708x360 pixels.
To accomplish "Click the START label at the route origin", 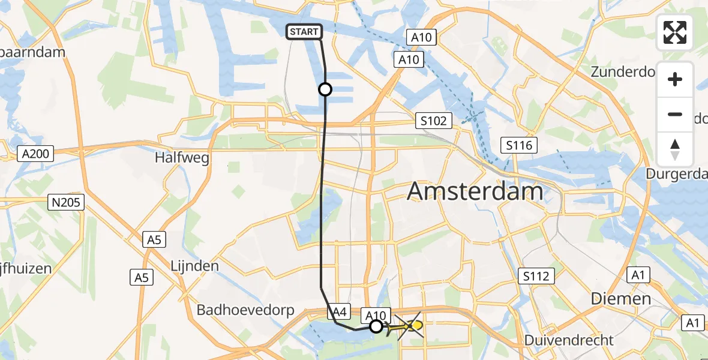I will (x=305, y=32).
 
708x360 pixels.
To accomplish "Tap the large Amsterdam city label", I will (x=475, y=192).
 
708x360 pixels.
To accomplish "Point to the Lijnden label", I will (x=194, y=265).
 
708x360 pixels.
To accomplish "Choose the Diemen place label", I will (x=620, y=298).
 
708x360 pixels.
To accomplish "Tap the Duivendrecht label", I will (x=569, y=340).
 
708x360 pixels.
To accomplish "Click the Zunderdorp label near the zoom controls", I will (x=622, y=72).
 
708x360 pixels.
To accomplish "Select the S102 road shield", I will (x=433, y=121).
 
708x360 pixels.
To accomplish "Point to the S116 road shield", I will (x=518, y=145).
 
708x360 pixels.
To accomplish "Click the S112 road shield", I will (x=536, y=276).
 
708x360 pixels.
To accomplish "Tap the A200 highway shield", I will (x=35, y=154).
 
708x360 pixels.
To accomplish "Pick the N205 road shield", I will (x=67, y=202).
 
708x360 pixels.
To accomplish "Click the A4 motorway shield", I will (x=339, y=311).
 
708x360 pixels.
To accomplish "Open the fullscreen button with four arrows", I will (x=675, y=33).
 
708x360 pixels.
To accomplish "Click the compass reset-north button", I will (x=675, y=149).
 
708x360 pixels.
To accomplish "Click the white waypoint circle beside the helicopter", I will (x=376, y=326).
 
